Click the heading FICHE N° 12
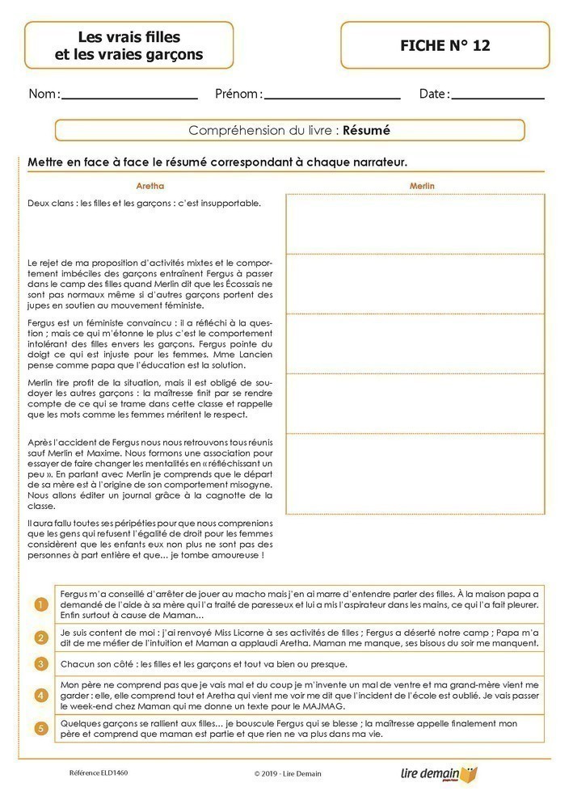[444, 46]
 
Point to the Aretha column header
[150, 186]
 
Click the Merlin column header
[422, 186]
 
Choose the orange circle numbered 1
[41, 604]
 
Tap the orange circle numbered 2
[41, 638]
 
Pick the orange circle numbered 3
[41, 663]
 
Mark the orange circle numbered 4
[41, 695]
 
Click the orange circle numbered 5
[41, 729]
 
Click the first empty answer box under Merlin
[415, 223]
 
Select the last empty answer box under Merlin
[415, 473]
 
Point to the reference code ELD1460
[99, 772]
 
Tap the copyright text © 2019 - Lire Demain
[287, 773]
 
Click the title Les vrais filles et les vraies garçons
[129, 46]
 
